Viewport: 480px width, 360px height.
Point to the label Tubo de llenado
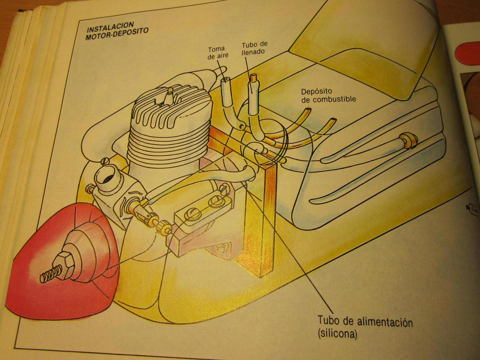pos(254,48)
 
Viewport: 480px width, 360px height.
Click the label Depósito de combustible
pos(328,96)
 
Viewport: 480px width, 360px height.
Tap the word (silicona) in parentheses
pos(337,334)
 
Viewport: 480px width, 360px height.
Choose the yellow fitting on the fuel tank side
pos(409,140)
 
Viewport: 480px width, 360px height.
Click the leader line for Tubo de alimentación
pos(297,266)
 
